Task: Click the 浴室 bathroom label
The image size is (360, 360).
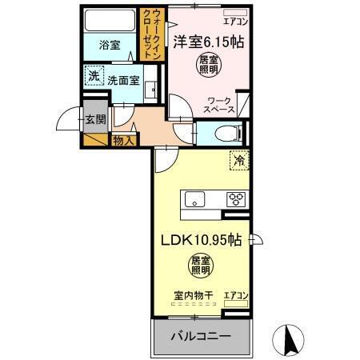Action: click(110, 46)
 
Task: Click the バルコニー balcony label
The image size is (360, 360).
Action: click(200, 336)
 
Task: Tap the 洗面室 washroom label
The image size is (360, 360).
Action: click(124, 79)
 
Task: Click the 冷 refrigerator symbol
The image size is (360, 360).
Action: click(238, 161)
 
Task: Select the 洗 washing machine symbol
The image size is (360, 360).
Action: click(94, 76)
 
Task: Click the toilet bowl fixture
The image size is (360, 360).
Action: click(226, 134)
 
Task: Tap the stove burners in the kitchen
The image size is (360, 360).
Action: click(237, 200)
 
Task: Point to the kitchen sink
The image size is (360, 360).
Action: click(194, 200)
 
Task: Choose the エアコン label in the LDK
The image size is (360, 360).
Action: click(236, 295)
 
